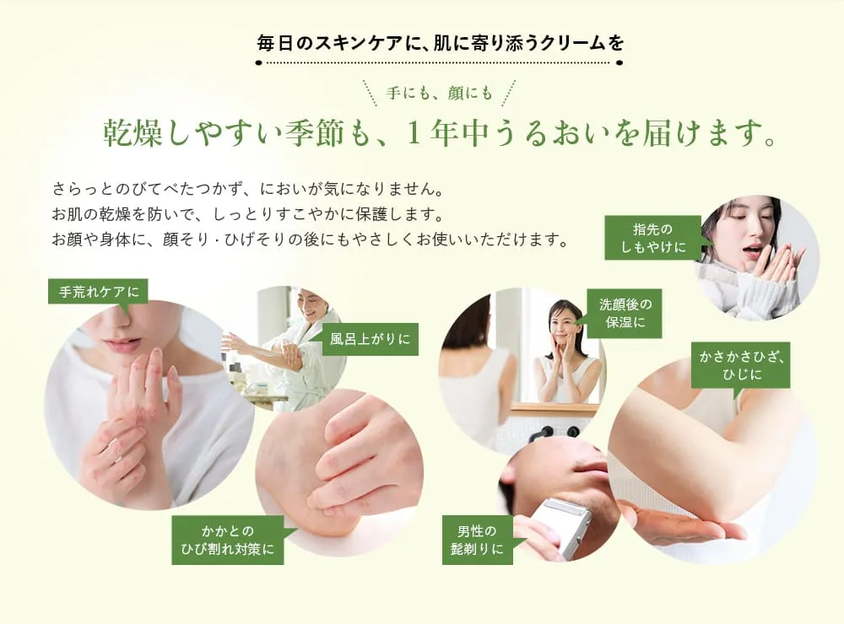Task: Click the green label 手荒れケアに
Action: [98, 292]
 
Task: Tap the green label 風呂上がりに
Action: [371, 339]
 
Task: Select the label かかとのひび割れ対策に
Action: [228, 540]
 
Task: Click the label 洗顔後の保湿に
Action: [625, 314]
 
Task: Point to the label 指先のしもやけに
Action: [653, 238]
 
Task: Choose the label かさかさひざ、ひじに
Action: [741, 365]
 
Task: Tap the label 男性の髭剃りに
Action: [478, 540]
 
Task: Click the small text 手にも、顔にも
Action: [439, 94]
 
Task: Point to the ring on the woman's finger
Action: [115, 444]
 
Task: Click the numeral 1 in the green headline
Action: [414, 133]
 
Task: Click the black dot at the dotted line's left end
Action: [259, 62]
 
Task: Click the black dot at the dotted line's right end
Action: [619, 62]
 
